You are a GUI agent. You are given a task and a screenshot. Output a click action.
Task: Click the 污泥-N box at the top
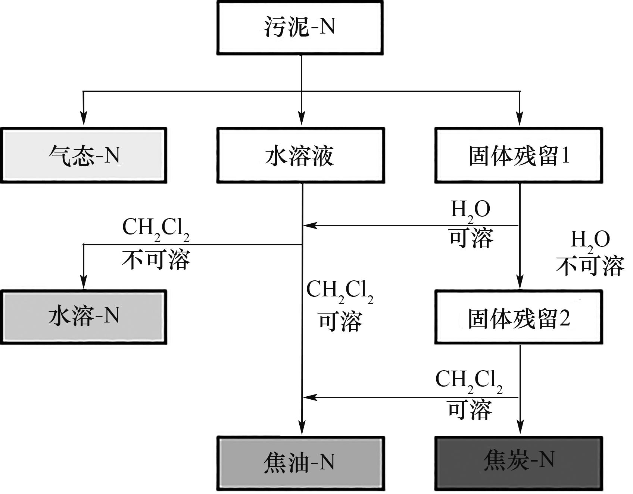click(300, 28)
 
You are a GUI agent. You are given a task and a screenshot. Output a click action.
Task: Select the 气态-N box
click(84, 155)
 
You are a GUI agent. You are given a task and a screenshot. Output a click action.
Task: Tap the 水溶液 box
click(301, 155)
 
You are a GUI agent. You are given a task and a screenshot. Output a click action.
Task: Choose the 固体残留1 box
click(519, 155)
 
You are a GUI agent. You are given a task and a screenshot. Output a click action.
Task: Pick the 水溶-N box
click(84, 317)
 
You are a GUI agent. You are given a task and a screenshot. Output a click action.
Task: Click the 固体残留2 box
click(519, 317)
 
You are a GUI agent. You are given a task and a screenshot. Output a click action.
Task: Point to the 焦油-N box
click(301, 463)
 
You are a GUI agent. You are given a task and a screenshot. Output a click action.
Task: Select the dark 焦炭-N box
click(519, 463)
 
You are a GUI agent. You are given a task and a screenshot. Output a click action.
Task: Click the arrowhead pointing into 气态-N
click(84, 119)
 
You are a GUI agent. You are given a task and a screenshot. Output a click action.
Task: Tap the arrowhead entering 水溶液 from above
click(302, 119)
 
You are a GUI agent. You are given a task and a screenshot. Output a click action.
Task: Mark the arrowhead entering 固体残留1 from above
click(520, 119)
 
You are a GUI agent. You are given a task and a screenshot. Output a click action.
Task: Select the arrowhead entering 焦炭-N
click(520, 427)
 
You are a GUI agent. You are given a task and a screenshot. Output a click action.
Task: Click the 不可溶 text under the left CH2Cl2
click(156, 260)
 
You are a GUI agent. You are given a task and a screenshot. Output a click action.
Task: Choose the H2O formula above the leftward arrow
click(470, 211)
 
